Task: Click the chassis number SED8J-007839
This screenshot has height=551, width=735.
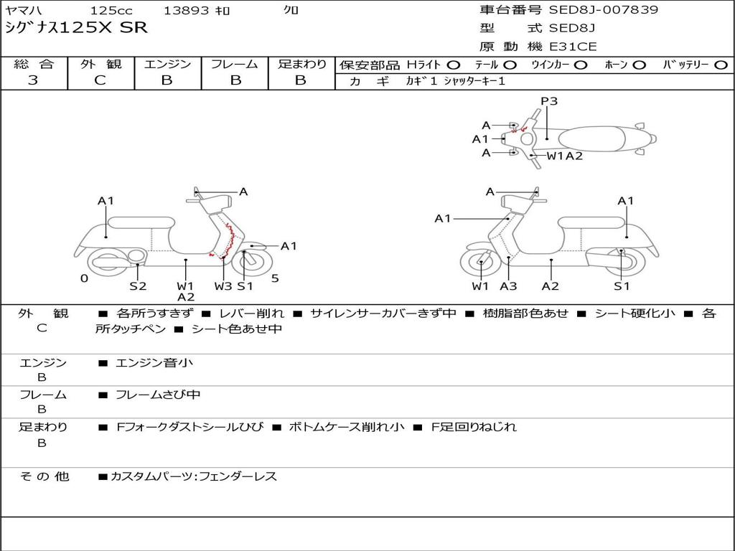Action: (x=603, y=10)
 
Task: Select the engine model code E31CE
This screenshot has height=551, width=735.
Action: (x=573, y=47)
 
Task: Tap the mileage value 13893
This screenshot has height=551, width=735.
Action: (x=187, y=11)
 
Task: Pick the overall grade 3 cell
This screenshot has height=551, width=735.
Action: (x=34, y=80)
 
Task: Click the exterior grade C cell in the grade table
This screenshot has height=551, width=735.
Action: (x=100, y=80)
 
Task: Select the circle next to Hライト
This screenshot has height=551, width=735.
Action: (x=454, y=65)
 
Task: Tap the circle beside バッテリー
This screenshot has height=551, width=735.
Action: (x=721, y=65)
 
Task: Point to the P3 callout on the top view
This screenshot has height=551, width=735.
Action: (x=549, y=101)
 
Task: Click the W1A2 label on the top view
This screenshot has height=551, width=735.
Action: (x=565, y=156)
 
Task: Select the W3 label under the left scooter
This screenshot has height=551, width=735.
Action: (x=223, y=286)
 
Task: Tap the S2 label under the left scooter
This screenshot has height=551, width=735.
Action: (x=138, y=286)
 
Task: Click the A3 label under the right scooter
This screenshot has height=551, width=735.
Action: (x=508, y=286)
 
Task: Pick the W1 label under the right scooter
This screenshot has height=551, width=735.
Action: (x=480, y=286)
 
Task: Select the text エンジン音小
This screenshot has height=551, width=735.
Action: (x=154, y=363)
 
